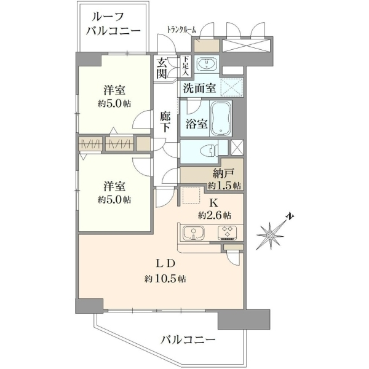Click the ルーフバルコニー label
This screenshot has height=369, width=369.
(113, 24)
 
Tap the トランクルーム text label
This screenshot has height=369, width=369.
(181, 30)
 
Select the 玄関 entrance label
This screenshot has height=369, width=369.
(162, 68)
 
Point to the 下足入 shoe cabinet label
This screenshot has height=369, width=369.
(186, 65)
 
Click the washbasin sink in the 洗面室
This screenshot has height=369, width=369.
(207, 63)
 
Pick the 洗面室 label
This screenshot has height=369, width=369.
(199, 88)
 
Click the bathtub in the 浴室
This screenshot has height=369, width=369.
(221, 118)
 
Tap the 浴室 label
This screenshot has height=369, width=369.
(196, 124)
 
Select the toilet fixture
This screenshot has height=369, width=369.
(210, 150)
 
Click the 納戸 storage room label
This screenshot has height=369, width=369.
(223, 174)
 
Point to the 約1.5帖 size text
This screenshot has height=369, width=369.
(224, 186)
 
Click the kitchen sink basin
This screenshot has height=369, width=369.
(194, 233)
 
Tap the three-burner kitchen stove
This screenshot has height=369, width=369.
(227, 232)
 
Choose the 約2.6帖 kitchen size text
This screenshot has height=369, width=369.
(215, 215)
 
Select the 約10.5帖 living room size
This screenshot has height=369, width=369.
(165, 279)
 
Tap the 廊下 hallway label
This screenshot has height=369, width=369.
(164, 122)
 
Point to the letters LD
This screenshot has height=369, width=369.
(165, 264)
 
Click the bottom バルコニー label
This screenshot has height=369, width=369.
(188, 339)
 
